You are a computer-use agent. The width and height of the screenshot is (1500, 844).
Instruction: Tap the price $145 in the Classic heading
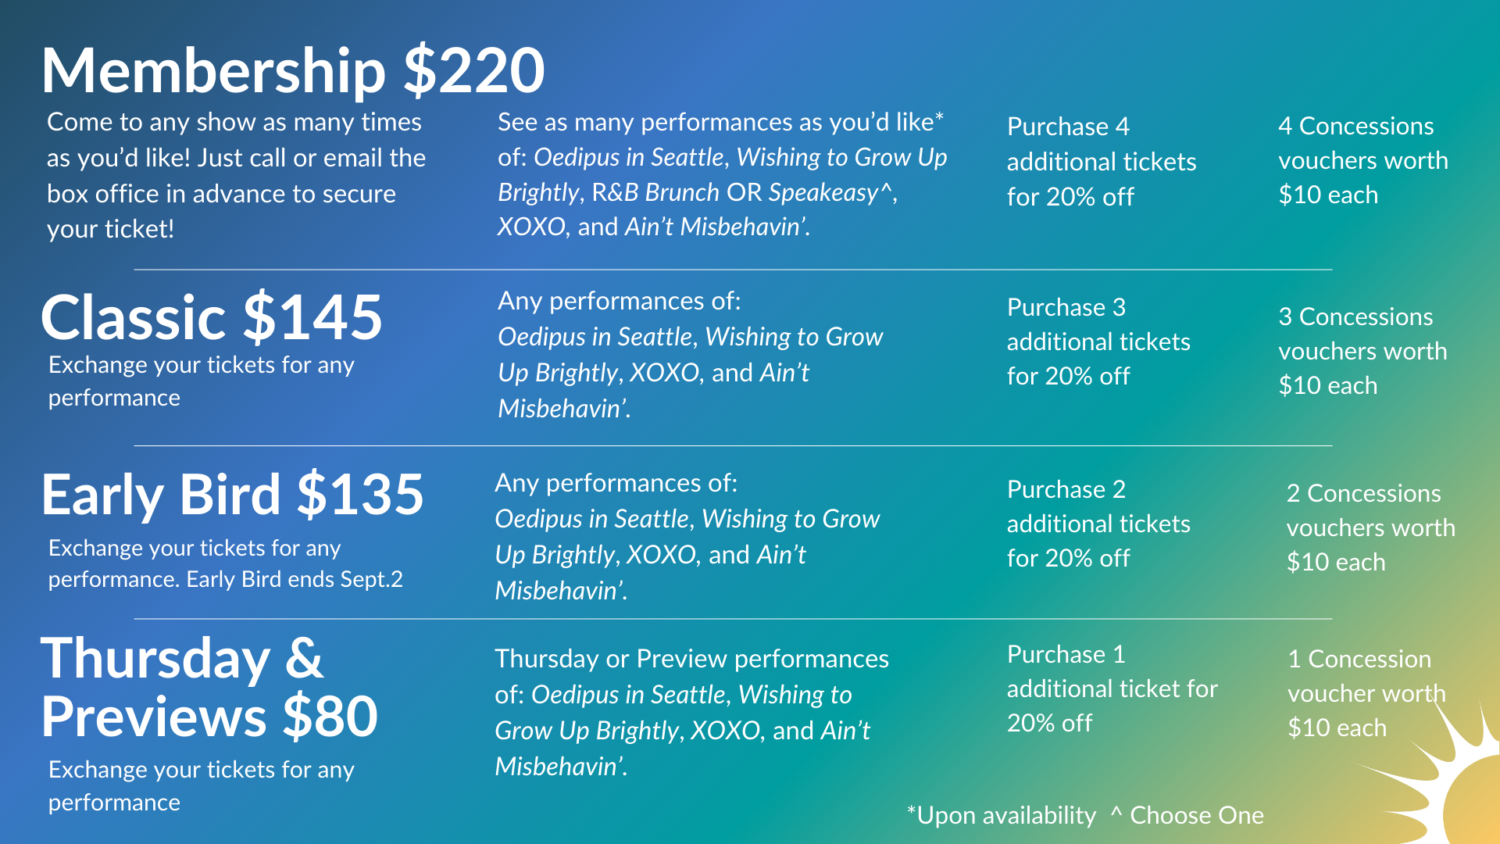[x=312, y=317]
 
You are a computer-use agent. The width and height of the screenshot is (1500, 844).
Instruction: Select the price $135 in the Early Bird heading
[x=360, y=494]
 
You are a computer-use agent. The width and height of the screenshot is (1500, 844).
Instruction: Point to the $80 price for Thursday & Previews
[x=330, y=716]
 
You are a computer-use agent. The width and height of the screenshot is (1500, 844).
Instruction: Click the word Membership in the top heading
[x=213, y=70]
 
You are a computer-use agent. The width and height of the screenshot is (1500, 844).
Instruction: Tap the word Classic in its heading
[x=134, y=317]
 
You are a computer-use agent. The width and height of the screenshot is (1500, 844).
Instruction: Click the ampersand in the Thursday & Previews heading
[x=304, y=658]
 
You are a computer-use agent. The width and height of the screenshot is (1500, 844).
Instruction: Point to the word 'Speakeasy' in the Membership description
[x=823, y=193]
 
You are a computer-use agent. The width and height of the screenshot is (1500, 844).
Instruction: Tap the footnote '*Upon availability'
[x=1002, y=815]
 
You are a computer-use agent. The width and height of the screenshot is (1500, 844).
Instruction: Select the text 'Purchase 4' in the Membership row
[x=1068, y=127]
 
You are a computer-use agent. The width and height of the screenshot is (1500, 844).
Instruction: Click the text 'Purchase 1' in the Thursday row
[x=1066, y=654]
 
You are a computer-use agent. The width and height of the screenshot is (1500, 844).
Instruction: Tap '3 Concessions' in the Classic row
[x=1355, y=316]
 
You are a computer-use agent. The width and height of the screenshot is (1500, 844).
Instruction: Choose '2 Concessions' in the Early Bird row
[x=1363, y=493]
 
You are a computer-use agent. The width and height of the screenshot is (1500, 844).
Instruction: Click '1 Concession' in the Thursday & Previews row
[x=1359, y=659]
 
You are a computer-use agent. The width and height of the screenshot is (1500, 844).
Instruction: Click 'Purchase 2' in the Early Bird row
[x=1066, y=489]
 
